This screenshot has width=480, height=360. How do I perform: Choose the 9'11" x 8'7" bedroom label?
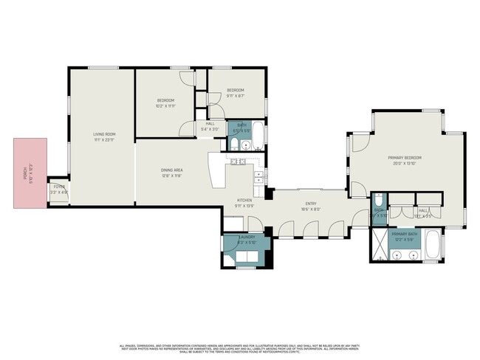pos(236,92)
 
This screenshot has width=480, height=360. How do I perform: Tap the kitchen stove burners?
pos(238,161)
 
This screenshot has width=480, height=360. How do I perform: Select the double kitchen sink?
pos(259,177)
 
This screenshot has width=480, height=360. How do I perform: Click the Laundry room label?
pos(247,238)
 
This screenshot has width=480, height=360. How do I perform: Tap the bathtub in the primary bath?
pos(433,246)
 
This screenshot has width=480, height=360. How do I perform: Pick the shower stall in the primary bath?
pos(380,246)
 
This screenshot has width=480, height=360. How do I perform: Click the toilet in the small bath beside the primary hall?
pos(377,200)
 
